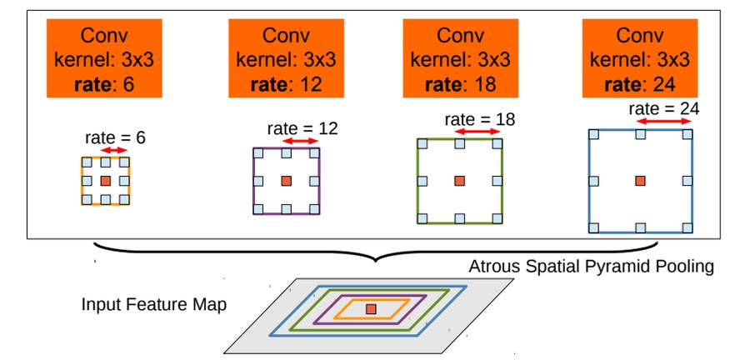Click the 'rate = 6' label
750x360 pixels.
(115, 137)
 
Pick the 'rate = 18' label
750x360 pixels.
(480, 119)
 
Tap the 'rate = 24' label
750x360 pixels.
(664, 109)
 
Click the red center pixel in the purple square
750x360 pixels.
(286, 181)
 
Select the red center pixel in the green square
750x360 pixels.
(459, 180)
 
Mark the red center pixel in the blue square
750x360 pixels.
(640, 180)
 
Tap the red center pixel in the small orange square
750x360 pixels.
(105, 180)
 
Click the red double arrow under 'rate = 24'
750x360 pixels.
(664, 122)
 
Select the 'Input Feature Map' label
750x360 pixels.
(154, 303)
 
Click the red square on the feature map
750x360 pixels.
(371, 309)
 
